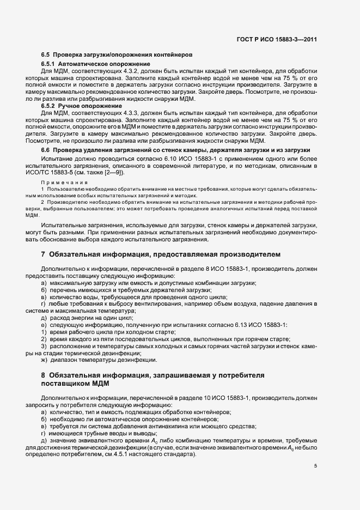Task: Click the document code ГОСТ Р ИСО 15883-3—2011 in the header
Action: pos(278,39)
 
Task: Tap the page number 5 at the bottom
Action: pos(315,466)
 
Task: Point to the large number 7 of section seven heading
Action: pos(43,254)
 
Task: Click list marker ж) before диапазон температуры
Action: pos(44,360)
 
